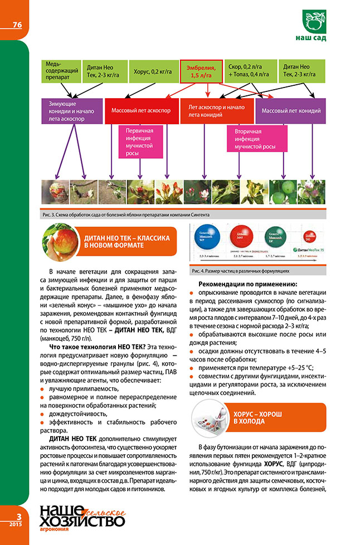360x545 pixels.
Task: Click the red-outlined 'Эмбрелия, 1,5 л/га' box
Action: [201, 71]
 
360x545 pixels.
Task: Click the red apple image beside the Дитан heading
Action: [60, 241]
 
